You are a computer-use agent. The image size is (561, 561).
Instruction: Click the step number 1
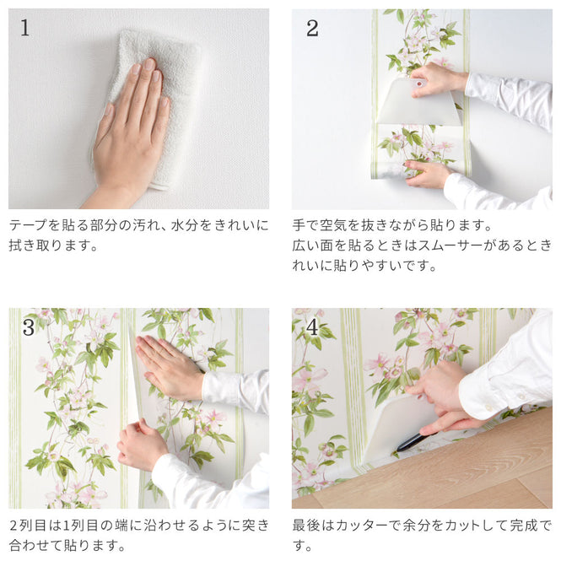(24, 28)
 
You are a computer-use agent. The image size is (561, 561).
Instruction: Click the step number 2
(312, 28)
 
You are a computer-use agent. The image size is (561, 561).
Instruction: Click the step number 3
(29, 326)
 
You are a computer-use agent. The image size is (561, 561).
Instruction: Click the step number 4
(312, 326)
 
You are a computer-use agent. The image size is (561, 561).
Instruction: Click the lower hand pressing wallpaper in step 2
(429, 174)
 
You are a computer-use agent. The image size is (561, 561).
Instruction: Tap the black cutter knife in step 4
(411, 441)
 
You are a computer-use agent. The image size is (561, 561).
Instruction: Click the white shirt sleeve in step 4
(506, 363)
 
